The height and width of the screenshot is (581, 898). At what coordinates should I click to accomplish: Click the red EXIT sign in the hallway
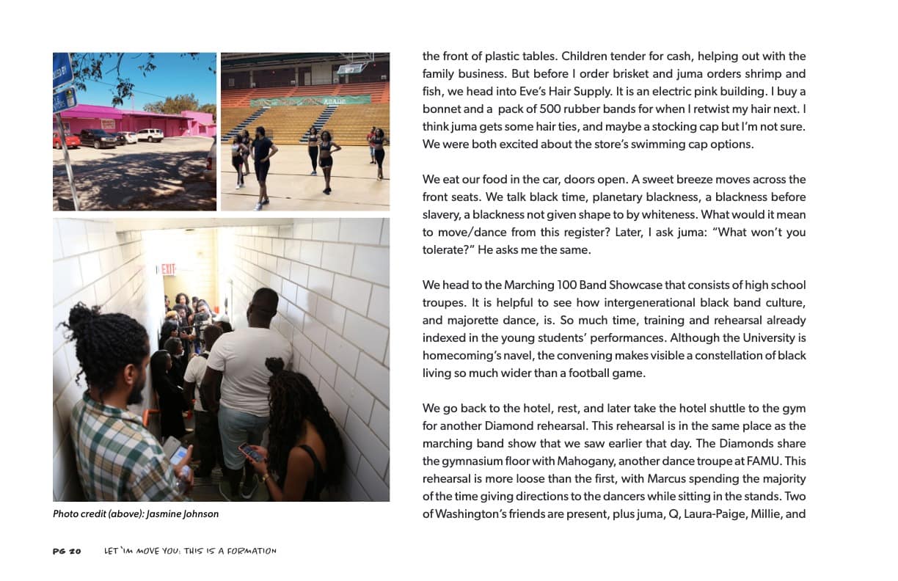pyautogui.click(x=167, y=269)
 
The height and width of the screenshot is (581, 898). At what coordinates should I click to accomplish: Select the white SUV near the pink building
pyautogui.click(x=150, y=135)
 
